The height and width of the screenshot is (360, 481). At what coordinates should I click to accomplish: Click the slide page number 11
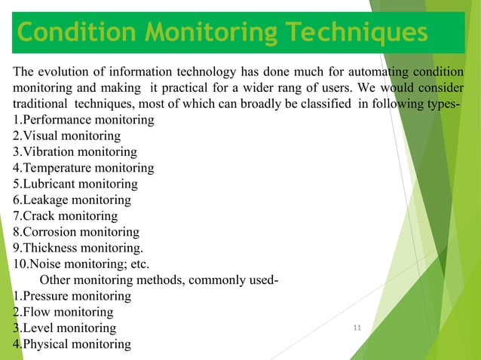coord(357,326)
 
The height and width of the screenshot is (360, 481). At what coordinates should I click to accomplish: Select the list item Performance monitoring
coord(84,120)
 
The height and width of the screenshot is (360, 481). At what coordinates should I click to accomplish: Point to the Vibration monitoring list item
coord(75,151)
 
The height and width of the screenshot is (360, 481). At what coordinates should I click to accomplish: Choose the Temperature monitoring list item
coord(83,167)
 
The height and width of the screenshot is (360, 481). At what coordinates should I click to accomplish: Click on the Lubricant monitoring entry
coord(75,183)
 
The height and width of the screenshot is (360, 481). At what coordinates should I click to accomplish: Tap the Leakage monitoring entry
coord(72,199)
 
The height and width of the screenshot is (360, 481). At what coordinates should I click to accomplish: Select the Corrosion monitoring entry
coord(76,231)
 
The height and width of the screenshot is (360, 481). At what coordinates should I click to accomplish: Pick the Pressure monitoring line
coord(72,295)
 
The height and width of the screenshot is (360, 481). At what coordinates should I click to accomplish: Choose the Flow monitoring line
coord(63,311)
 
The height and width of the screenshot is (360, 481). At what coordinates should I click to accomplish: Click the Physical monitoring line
coord(72,343)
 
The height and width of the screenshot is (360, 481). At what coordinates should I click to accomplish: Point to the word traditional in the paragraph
coord(39,103)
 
